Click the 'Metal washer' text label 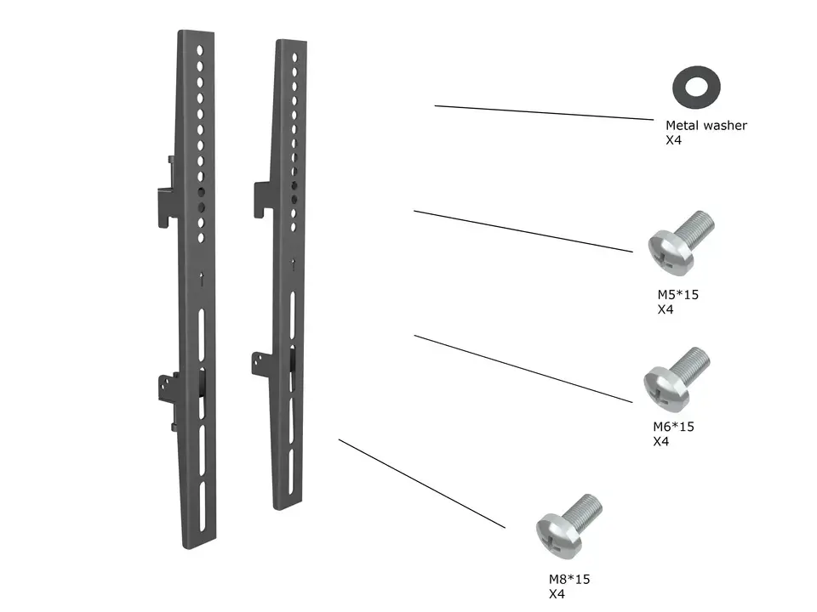(706, 126)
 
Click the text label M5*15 (677, 296)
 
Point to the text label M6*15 (672, 427)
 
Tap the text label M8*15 (568, 580)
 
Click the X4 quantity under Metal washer (673, 140)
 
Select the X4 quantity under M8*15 (557, 594)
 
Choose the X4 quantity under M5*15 (666, 310)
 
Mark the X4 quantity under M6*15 (660, 441)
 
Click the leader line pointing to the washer (545, 112)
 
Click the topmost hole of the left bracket (200, 51)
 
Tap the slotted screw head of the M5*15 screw (666, 249)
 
